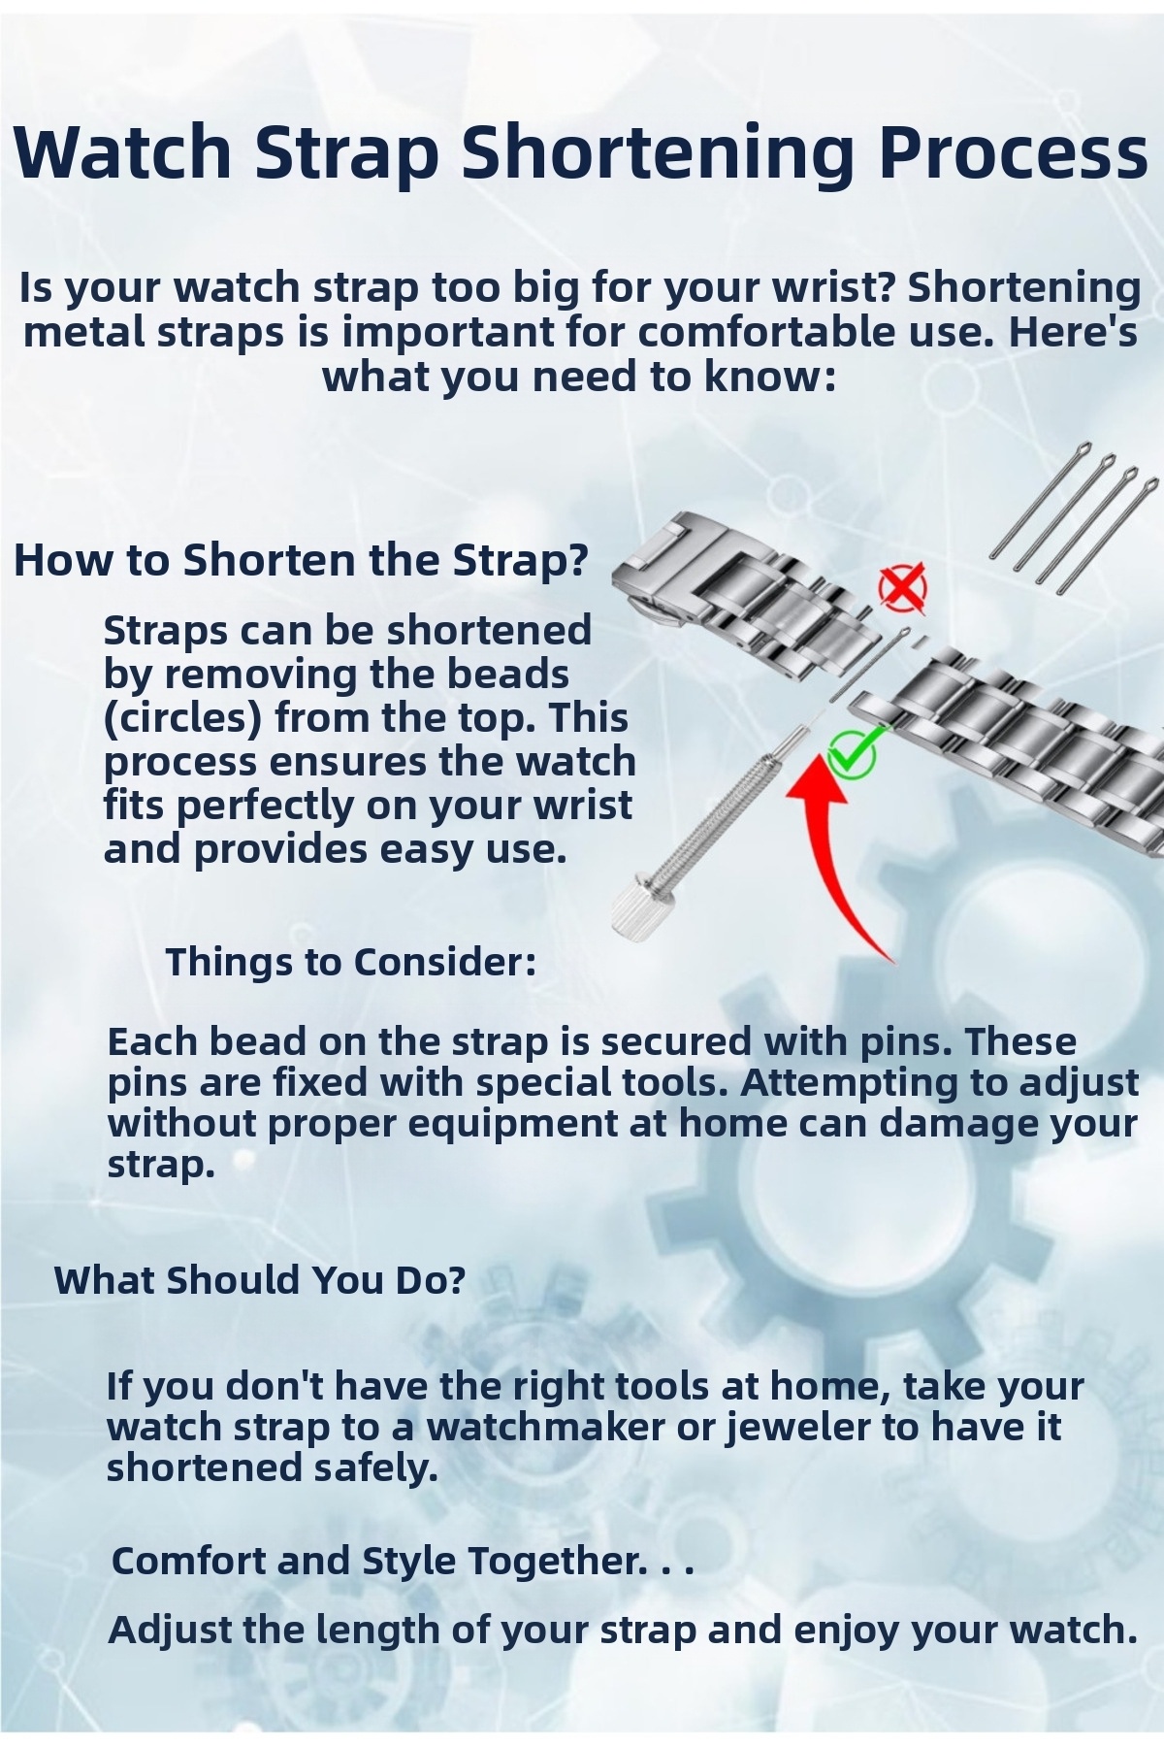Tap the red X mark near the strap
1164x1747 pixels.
[x=902, y=586]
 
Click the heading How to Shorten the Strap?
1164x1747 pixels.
[x=302, y=560]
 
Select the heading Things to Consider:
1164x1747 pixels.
[x=351, y=962]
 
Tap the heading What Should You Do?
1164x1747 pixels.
[x=260, y=1279]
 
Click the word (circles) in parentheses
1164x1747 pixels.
[x=184, y=718]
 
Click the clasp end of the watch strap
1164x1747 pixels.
[x=669, y=563]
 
